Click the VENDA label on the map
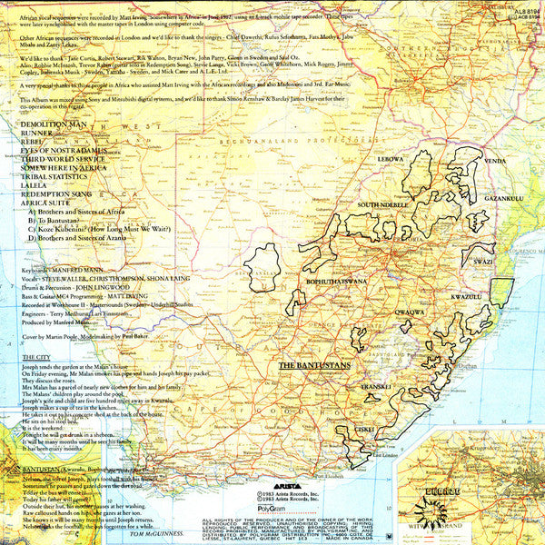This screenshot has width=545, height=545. coord(495,161)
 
